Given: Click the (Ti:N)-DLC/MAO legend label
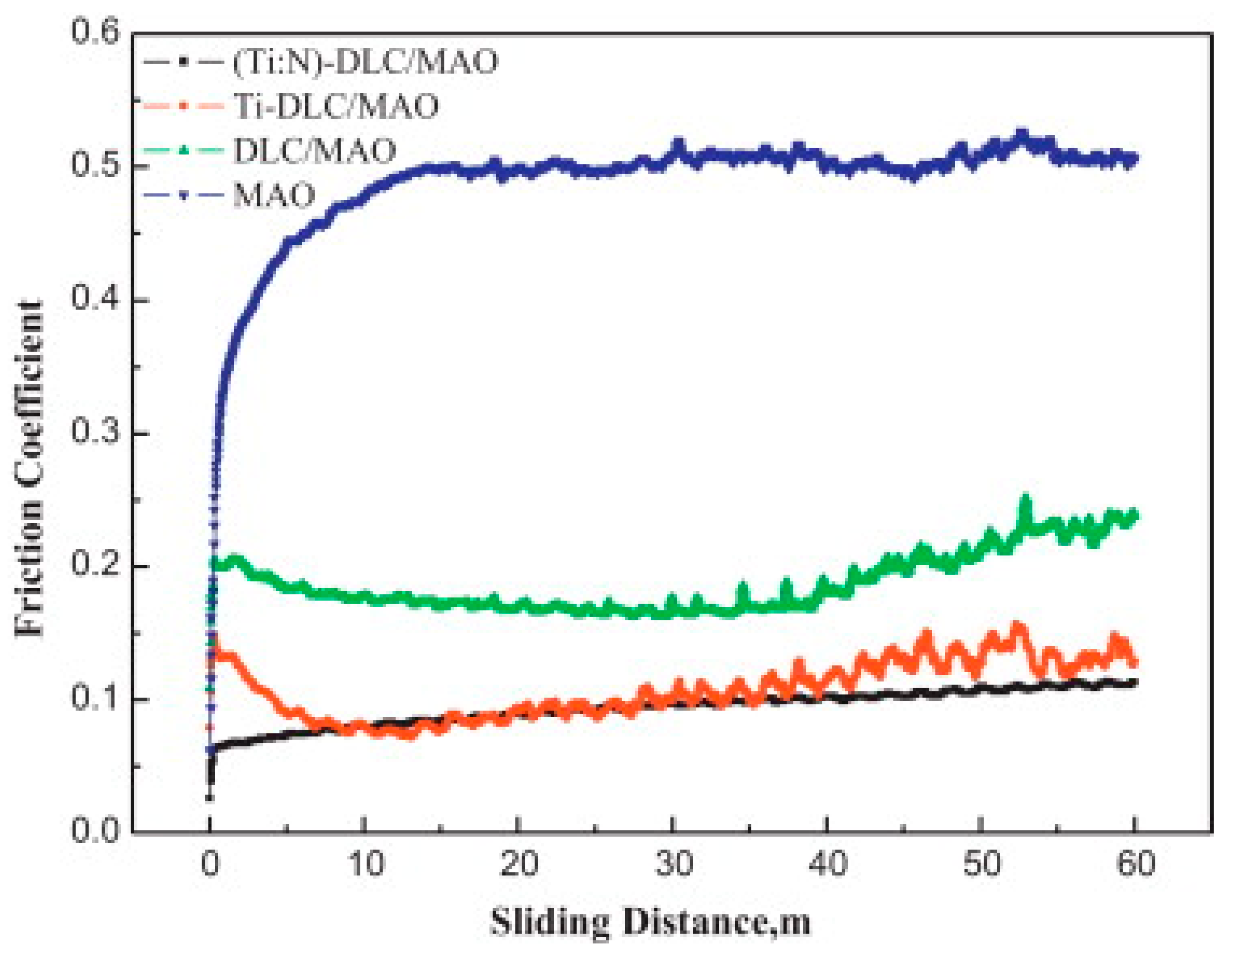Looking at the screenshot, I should tap(365, 61).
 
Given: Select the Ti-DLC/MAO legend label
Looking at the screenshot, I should tap(336, 106).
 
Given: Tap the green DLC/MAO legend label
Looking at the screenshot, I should tap(314, 151).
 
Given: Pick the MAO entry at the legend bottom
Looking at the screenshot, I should tap(274, 195).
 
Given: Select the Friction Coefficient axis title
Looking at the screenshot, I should tap(29, 469).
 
